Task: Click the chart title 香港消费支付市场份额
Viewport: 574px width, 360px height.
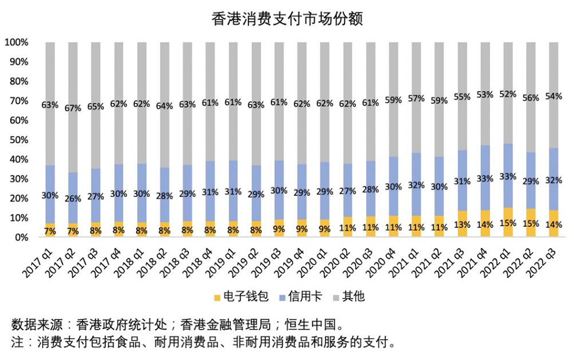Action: click(x=287, y=18)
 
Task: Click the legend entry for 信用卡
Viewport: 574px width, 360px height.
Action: click(x=302, y=297)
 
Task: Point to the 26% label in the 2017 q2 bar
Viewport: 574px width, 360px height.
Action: click(x=73, y=199)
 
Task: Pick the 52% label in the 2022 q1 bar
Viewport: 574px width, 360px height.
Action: click(x=508, y=94)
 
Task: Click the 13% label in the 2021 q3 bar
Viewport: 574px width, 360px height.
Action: click(x=462, y=224)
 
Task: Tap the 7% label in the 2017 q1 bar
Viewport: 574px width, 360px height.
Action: click(x=50, y=231)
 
